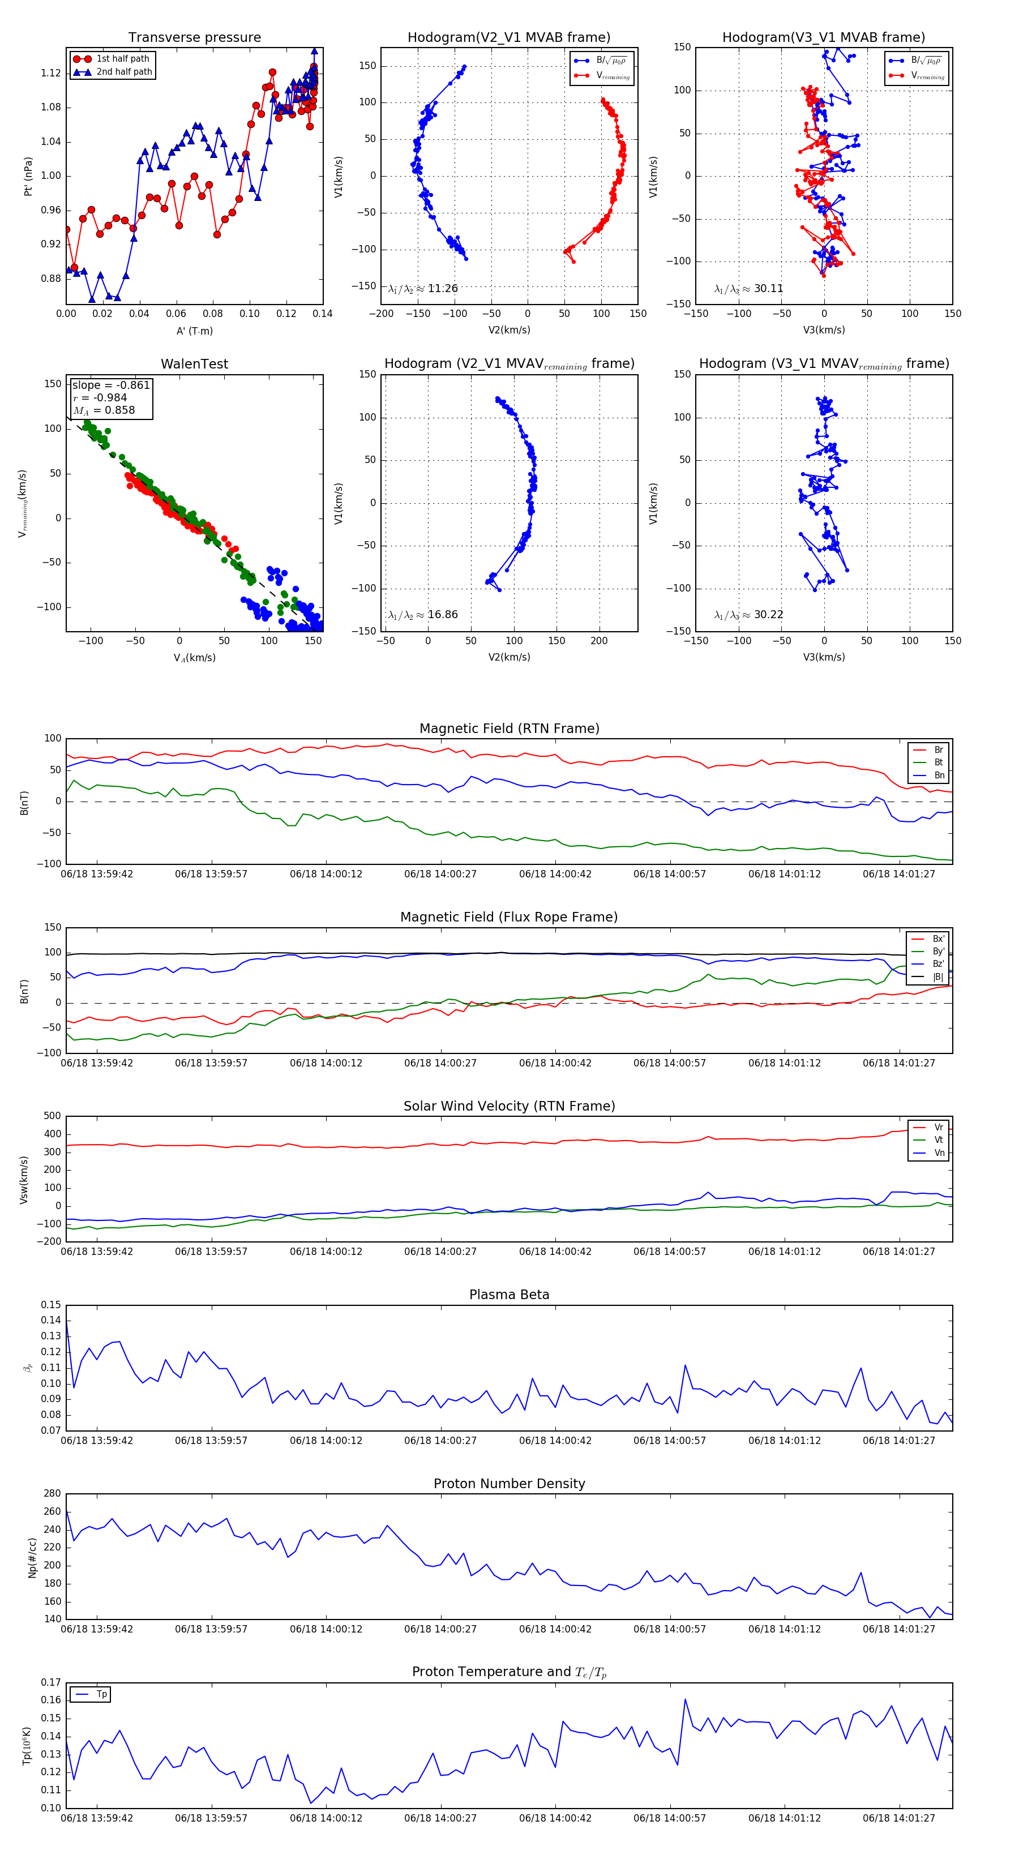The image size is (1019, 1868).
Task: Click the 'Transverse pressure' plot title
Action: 194,38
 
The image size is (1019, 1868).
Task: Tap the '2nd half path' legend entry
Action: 124,72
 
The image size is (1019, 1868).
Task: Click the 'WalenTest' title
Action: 194,364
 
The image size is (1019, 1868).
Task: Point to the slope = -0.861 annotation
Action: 111,385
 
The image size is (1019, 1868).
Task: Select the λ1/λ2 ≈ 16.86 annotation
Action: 423,615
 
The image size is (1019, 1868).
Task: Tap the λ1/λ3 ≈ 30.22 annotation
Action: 748,615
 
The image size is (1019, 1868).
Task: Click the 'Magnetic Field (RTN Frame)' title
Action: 509,729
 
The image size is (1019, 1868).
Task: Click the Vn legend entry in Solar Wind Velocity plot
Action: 939,1152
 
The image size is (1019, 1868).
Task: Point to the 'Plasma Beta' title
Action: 509,1295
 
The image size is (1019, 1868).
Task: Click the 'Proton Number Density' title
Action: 509,1484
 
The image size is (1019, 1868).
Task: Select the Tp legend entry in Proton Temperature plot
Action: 101,1694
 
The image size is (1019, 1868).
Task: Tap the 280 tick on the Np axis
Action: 52,1494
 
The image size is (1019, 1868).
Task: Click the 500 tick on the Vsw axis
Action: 52,1116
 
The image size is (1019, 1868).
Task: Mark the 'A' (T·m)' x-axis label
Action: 194,331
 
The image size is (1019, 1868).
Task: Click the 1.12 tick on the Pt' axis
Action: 51,73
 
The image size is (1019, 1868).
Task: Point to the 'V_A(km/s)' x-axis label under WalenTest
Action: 194,658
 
